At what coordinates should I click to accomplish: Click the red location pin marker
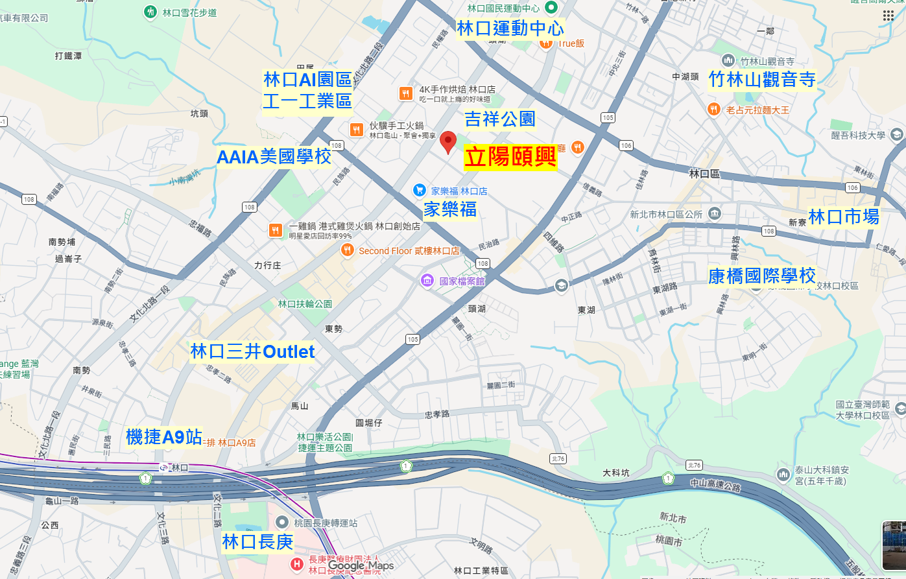point(448,141)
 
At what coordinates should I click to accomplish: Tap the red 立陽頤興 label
point(510,157)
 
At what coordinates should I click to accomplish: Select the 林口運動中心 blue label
point(510,29)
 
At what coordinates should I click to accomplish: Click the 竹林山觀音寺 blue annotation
point(762,80)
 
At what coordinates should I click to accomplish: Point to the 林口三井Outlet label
point(252,351)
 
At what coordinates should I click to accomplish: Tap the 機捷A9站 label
point(164,437)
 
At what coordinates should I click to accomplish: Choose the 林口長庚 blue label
point(257,542)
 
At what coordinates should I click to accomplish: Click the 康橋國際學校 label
point(762,276)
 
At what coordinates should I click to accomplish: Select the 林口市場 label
point(844,217)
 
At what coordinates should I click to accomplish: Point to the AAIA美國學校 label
point(274,157)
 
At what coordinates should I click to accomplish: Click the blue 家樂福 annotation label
point(450,209)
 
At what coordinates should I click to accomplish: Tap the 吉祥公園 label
point(500,119)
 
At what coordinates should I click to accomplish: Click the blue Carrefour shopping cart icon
point(420,191)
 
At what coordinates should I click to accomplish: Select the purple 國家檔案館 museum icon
point(427,281)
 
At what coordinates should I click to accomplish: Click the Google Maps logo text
point(361,565)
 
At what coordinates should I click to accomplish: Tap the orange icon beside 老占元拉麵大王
point(713,110)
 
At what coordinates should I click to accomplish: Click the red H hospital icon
point(297,564)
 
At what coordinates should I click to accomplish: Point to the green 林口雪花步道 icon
point(150,12)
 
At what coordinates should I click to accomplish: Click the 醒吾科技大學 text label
point(858,136)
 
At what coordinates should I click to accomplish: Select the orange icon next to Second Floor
point(348,250)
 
